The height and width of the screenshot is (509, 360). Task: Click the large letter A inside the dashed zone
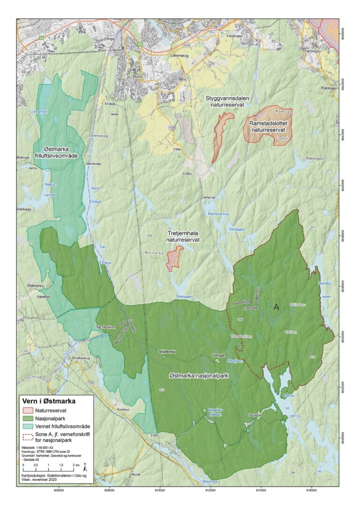coord(276,307)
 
